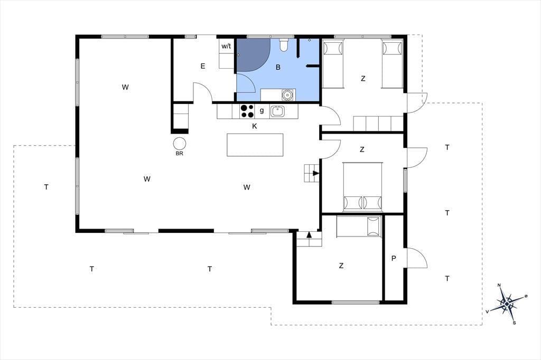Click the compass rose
507,304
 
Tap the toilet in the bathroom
284,44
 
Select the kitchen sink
277,111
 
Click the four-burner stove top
247,111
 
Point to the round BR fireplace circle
180,144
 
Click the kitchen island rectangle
255,145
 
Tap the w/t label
226,46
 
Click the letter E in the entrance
203,66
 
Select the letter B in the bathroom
278,68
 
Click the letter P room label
394,258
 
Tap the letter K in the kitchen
255,126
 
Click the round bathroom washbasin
287,94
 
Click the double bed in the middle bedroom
362,186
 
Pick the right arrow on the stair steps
316,173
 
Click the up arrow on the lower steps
309,235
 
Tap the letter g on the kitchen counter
262,111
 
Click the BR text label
180,154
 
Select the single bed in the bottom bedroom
359,227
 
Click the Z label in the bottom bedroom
341,266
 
